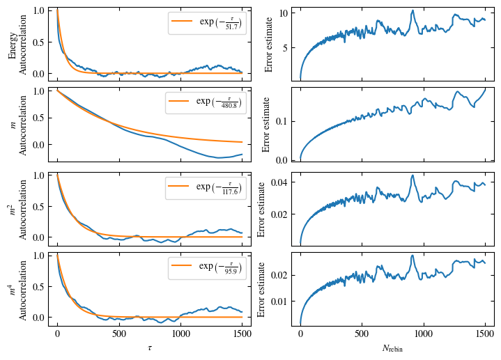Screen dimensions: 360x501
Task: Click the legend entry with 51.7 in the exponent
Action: [206, 22]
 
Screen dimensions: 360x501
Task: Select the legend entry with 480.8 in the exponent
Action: [206, 103]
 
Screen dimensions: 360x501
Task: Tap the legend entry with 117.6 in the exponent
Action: [206, 187]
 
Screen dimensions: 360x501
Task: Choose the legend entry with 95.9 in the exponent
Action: [206, 267]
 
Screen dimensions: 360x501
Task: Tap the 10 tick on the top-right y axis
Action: [284, 13]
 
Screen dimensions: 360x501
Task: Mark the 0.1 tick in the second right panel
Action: [282, 121]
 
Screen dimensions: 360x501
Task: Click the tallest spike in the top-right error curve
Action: [413, 10]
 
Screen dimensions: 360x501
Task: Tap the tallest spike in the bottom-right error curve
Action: [413, 256]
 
